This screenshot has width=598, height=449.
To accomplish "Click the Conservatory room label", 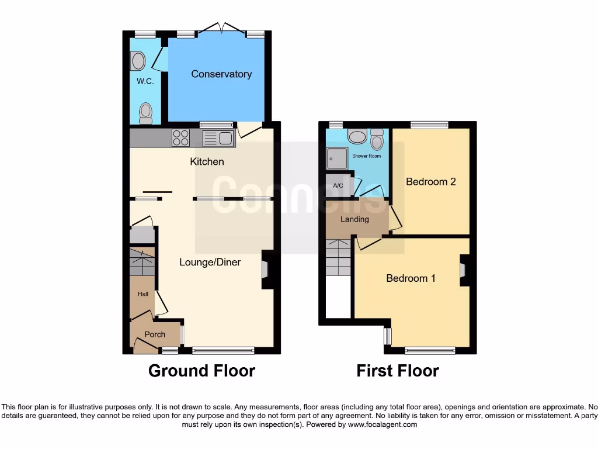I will (221, 74).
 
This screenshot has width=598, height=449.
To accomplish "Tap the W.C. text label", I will (145, 81).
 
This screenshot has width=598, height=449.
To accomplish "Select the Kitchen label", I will (207, 161).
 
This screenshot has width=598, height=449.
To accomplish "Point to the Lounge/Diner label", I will (210, 263).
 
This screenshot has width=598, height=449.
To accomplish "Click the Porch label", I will (155, 334).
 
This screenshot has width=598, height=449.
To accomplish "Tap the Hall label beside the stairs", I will (143, 294).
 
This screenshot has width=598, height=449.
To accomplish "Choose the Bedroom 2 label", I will (431, 182).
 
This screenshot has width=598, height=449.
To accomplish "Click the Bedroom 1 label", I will (411, 278).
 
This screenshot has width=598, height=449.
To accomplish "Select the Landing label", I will (355, 219).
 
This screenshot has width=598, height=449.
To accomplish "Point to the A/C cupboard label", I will (338, 186).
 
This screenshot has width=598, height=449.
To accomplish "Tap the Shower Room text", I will (366, 156).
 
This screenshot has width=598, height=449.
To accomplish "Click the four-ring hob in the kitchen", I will (180, 138).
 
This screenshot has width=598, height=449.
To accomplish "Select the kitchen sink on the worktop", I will (218, 139).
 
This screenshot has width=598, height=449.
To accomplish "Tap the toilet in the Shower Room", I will (377, 139).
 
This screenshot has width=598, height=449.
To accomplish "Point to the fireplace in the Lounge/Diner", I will (266, 270).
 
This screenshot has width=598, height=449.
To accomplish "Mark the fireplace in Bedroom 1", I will (464, 270).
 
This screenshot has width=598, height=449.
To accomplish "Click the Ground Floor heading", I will (201, 371).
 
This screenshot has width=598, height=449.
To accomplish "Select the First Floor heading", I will (398, 371).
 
